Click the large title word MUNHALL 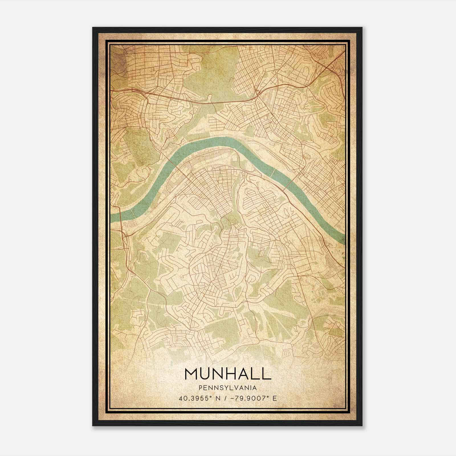(228, 374)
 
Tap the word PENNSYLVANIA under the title (228, 388)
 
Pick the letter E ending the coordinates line (275, 398)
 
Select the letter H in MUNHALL (229, 374)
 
